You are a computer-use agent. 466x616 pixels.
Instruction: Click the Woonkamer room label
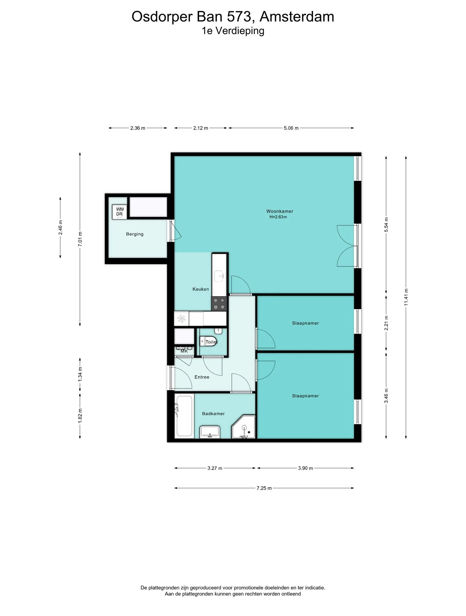click(x=280, y=211)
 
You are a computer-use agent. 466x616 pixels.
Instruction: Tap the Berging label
click(x=135, y=234)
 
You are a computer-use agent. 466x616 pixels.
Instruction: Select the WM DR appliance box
click(x=119, y=212)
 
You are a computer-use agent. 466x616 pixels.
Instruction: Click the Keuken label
click(x=201, y=289)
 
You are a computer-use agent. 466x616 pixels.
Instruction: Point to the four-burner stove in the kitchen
click(x=219, y=304)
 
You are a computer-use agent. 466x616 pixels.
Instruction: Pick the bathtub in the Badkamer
click(x=184, y=416)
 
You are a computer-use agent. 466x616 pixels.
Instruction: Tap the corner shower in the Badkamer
click(x=243, y=427)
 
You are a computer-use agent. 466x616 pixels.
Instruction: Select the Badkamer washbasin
click(x=210, y=432)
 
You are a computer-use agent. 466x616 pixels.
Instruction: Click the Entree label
click(x=202, y=377)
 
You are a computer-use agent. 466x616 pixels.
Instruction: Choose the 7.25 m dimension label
click(x=264, y=488)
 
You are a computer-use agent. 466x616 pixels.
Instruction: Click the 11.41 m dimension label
click(x=406, y=297)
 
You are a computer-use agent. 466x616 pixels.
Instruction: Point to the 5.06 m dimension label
click(x=291, y=128)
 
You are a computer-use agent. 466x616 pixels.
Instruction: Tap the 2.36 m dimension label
click(x=138, y=128)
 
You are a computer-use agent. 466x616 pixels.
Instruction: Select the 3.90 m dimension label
click(x=305, y=468)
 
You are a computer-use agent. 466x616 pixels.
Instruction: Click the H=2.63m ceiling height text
click(x=278, y=217)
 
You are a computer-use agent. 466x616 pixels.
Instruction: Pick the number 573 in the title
click(x=239, y=17)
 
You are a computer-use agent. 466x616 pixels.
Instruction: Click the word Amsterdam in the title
click(x=297, y=17)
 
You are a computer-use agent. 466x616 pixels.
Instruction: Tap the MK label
click(x=184, y=351)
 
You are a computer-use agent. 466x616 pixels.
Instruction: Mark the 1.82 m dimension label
click(x=80, y=415)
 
